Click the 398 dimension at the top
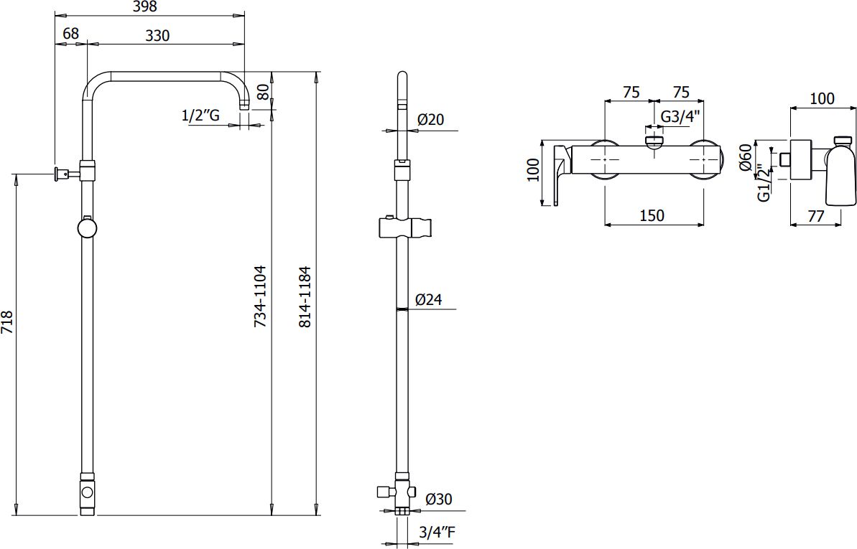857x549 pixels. [x=144, y=6]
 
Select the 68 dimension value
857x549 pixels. [x=70, y=33]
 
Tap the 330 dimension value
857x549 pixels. [x=157, y=35]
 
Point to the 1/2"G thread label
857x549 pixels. [x=200, y=116]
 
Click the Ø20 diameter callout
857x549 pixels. [x=431, y=119]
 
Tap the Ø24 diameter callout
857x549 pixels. [x=428, y=299]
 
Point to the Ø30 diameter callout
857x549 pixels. [x=438, y=499]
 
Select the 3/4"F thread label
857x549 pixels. [x=437, y=532]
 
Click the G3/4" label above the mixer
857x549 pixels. [x=680, y=116]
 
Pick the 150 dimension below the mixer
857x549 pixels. [x=652, y=215]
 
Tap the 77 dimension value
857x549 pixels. [x=815, y=216]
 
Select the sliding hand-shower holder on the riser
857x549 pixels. [x=405, y=227]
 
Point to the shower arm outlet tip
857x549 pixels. [x=246, y=108]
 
